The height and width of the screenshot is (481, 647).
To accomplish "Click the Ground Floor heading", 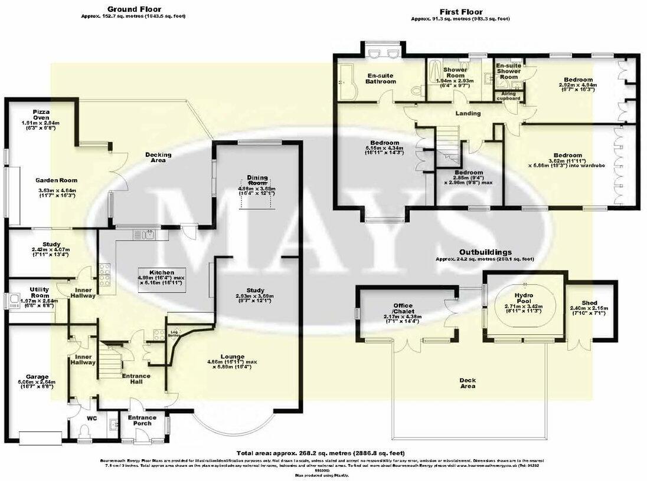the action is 133,9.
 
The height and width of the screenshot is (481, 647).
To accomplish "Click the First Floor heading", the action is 461,12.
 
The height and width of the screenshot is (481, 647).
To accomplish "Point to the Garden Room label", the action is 56,180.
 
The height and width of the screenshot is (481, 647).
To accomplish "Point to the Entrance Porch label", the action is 142,421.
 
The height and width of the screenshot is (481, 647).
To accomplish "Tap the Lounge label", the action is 233,356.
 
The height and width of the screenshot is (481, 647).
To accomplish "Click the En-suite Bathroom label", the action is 381,78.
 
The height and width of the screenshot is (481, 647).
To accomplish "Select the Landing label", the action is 468,113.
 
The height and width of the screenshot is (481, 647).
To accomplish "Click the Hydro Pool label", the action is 524,296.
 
